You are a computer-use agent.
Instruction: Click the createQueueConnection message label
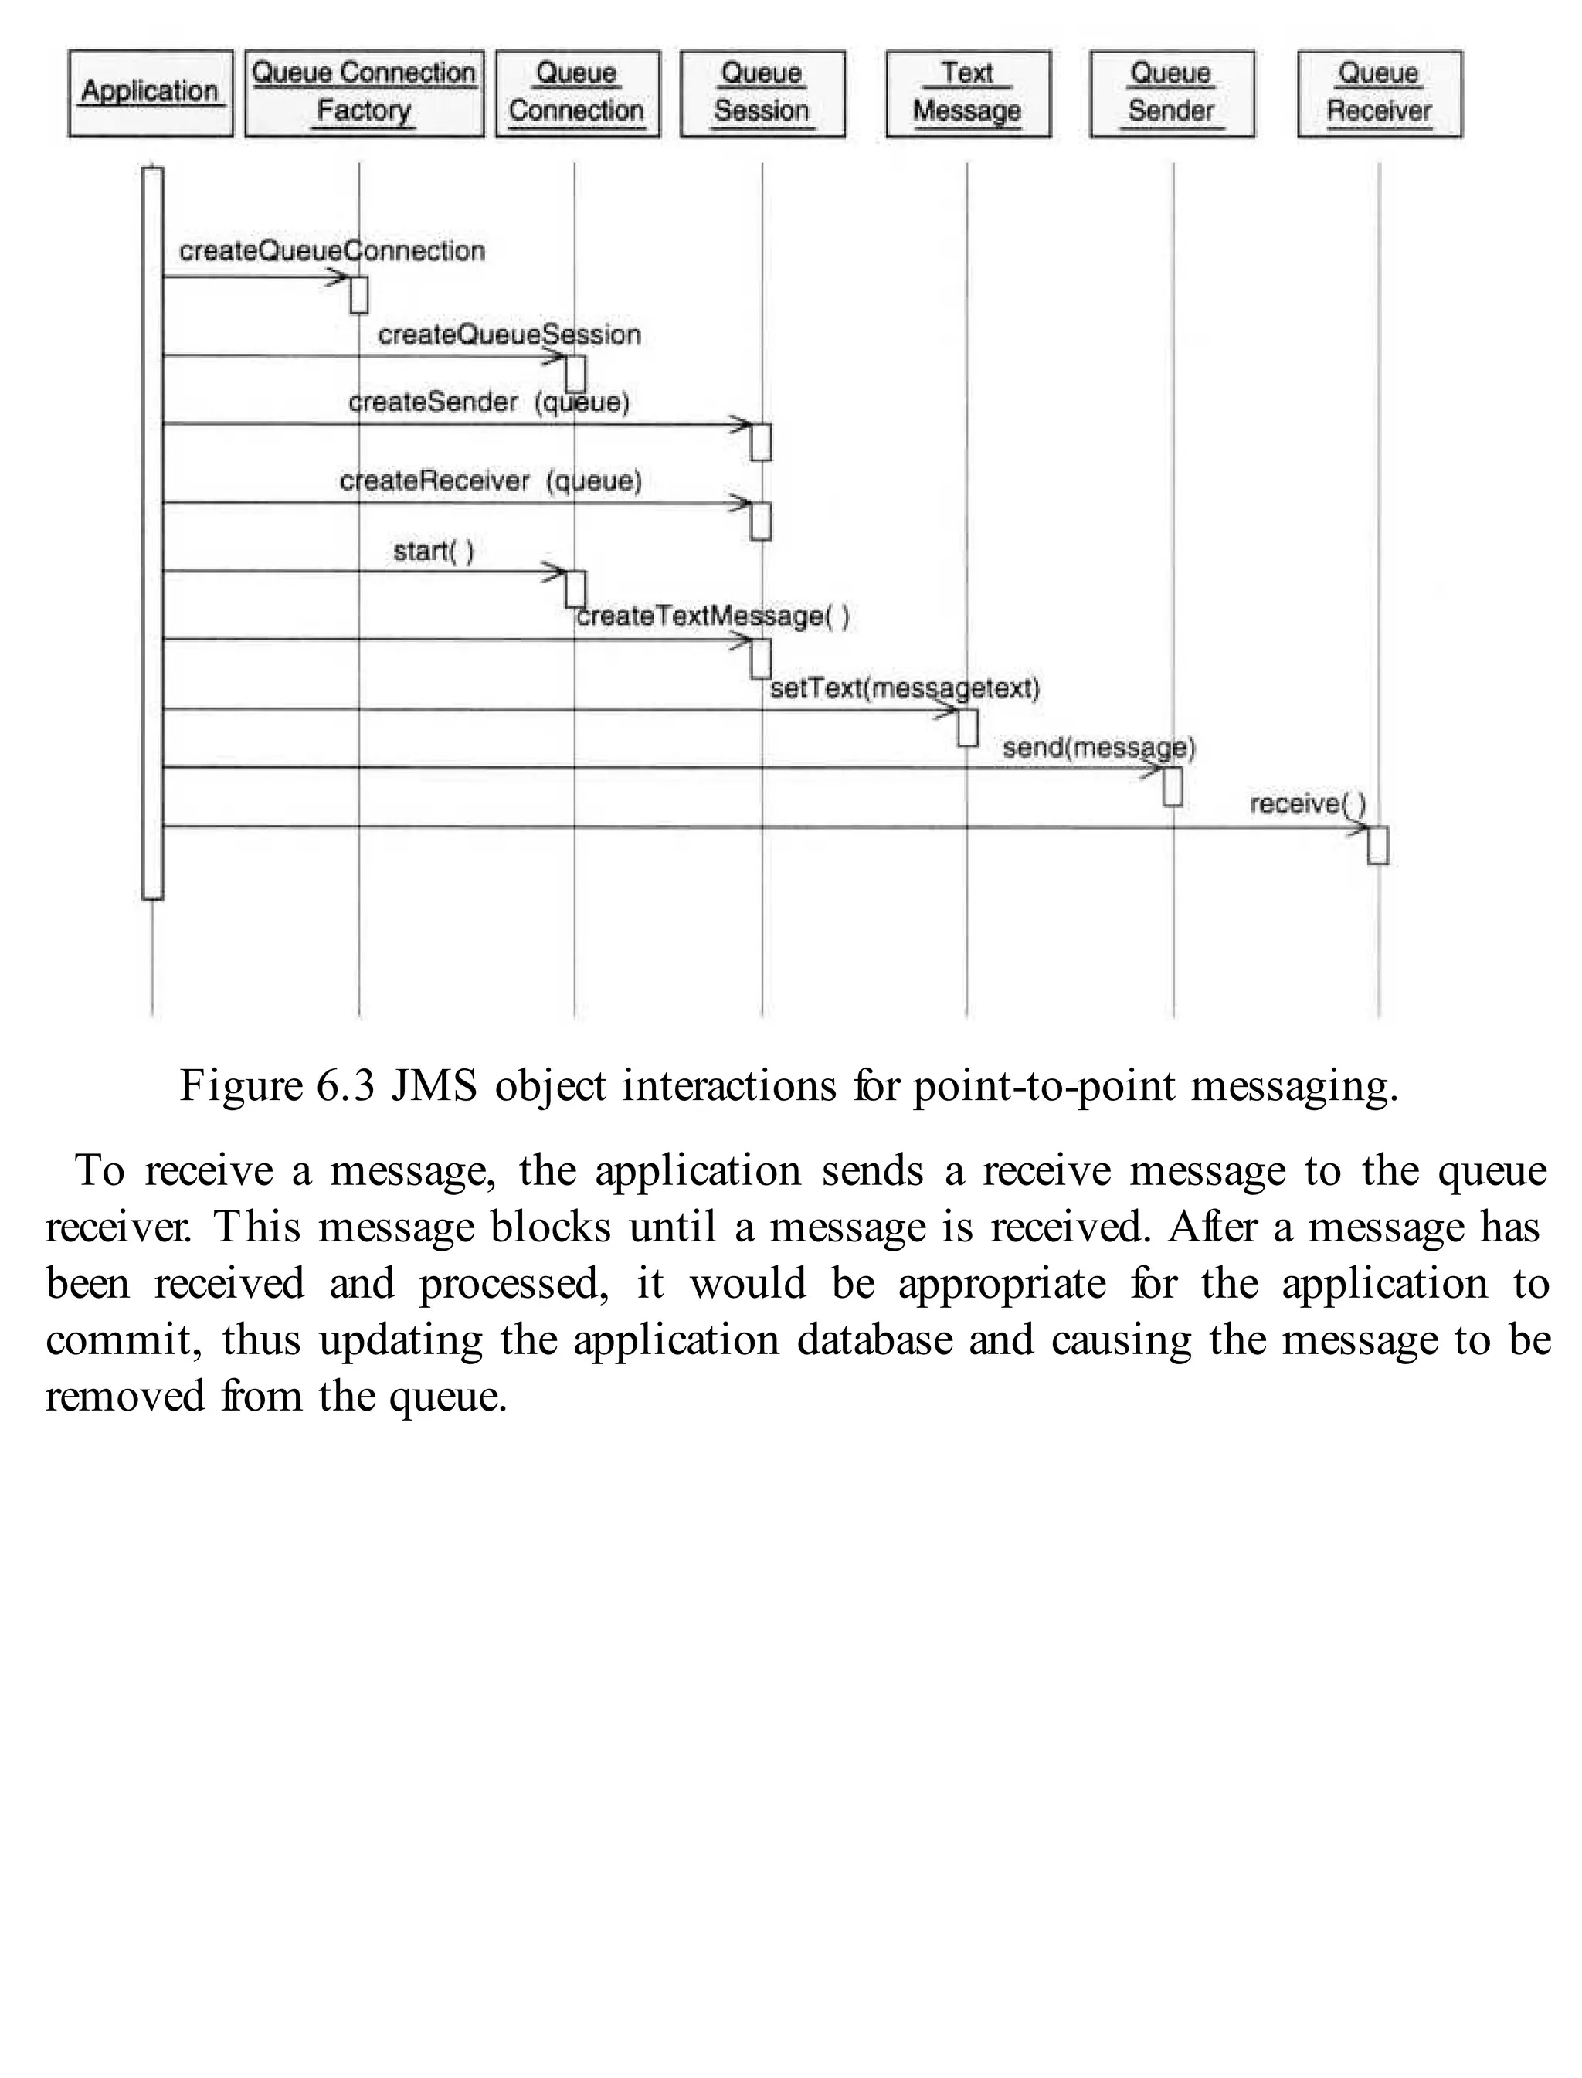pos(332,251)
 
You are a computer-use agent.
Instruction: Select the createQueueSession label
pos(510,335)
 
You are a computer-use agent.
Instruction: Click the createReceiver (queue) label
pos(491,482)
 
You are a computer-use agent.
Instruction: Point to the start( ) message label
pos(433,551)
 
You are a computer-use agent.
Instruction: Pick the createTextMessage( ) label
pos(713,616)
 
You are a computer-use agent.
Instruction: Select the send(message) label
pos(1099,749)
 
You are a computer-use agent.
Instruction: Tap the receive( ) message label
pos(1307,804)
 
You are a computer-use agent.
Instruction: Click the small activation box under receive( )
pos(1377,846)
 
